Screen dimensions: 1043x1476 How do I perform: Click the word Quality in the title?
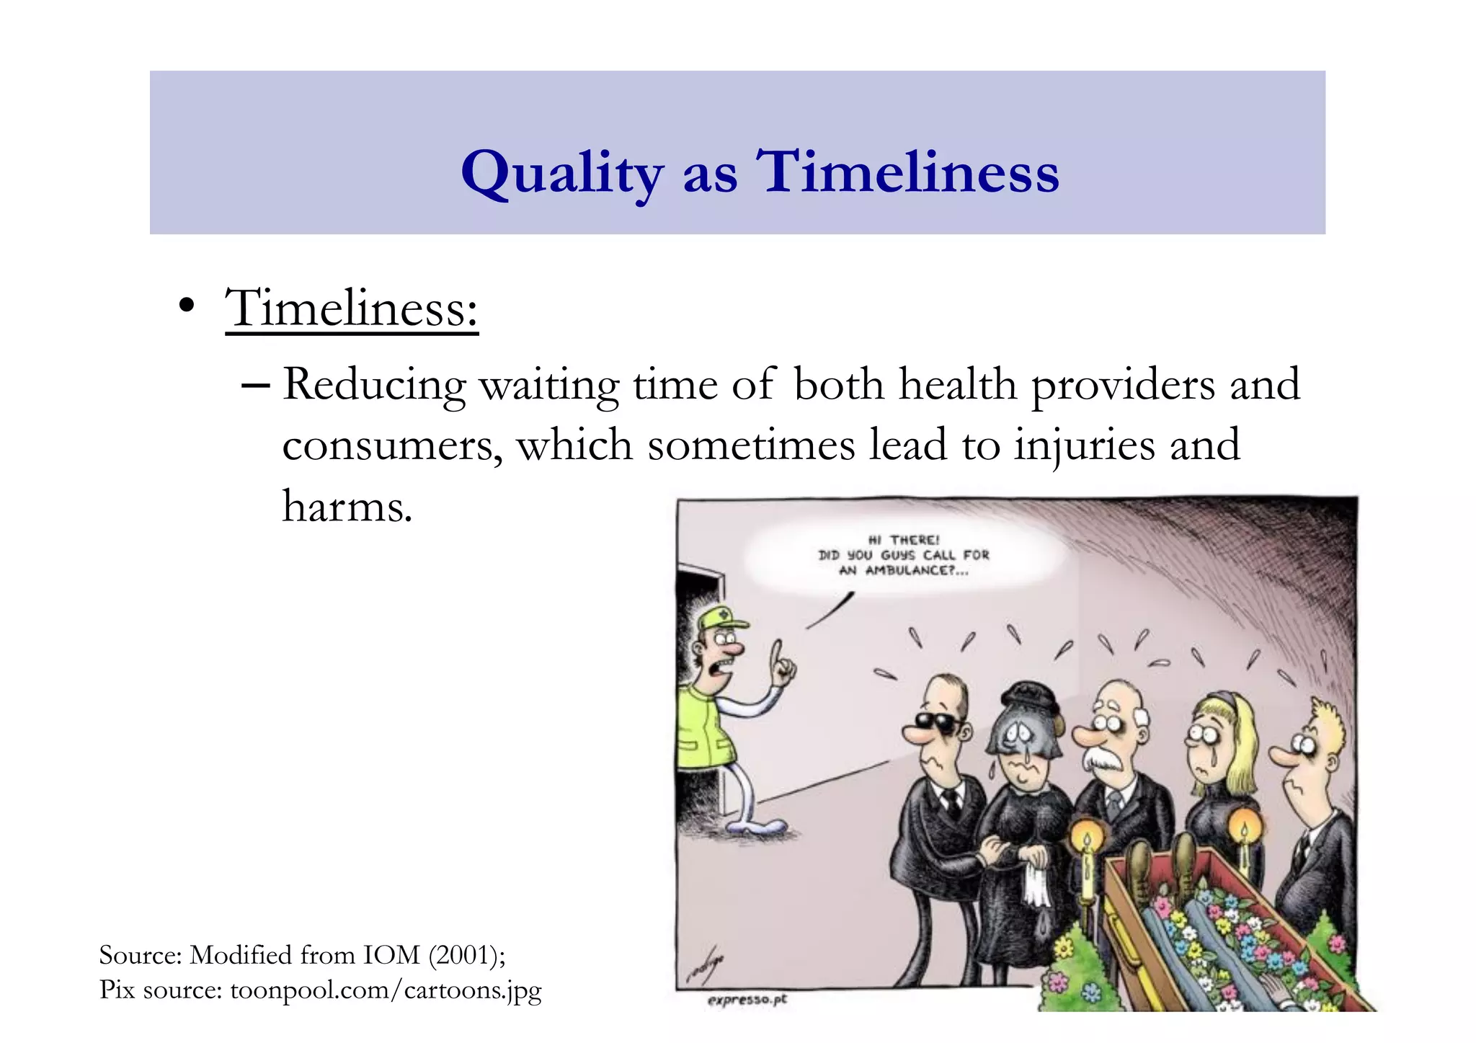click(561, 173)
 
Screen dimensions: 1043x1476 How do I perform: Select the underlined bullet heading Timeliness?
click(352, 309)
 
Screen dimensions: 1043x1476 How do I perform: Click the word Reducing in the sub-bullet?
click(374, 385)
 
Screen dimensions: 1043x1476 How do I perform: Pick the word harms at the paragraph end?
click(347, 507)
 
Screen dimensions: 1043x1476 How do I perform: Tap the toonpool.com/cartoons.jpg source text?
click(386, 990)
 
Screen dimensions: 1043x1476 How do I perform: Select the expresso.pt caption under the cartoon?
click(747, 1000)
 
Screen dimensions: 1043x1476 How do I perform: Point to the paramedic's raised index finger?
click(777, 652)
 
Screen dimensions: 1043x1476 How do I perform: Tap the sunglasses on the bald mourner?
click(937, 722)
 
